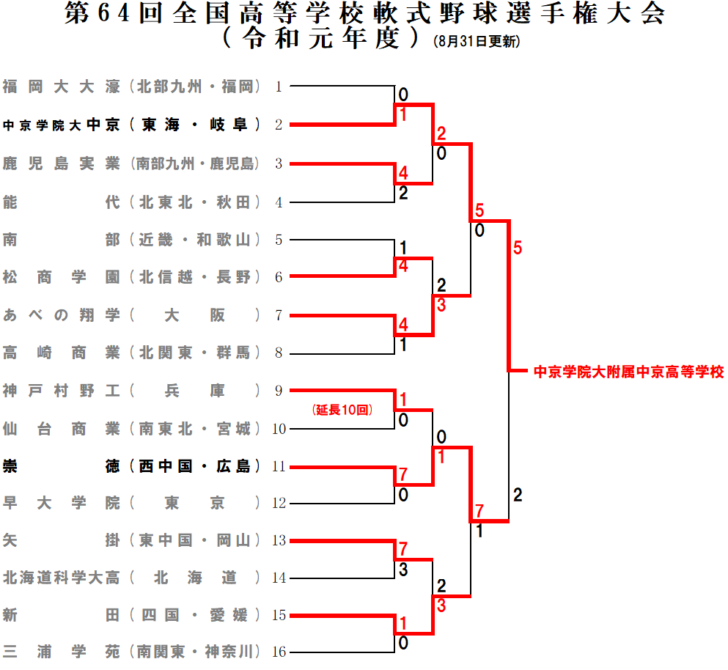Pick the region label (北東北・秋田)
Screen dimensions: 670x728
click(195, 202)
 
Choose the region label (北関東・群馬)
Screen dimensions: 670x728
click(195, 353)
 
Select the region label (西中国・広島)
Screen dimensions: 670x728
click(195, 465)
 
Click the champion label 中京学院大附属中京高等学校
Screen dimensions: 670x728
click(628, 372)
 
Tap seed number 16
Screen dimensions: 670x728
click(279, 652)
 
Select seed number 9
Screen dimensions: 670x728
click(279, 391)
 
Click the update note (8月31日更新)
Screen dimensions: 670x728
click(477, 43)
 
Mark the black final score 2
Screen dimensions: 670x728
click(518, 496)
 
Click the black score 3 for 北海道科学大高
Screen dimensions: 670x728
click(403, 568)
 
